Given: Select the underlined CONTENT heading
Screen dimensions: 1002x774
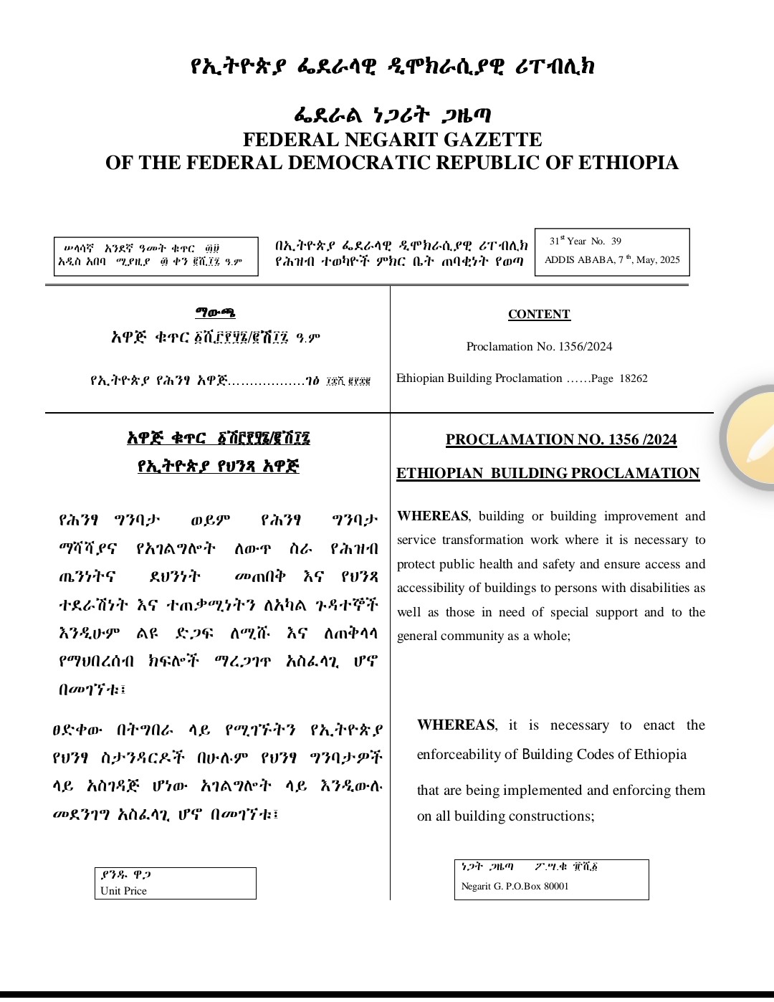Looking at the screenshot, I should (x=539, y=315).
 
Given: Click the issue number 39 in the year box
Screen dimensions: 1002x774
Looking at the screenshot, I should (x=616, y=242).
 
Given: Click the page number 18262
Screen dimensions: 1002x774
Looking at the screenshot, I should (x=634, y=378).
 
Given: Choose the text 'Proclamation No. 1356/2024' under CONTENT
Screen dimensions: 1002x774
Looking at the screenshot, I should (x=539, y=347).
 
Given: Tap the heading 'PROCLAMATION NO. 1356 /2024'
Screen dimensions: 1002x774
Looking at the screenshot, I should (x=561, y=439).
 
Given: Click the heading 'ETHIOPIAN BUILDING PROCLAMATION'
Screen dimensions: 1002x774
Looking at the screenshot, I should (x=548, y=474).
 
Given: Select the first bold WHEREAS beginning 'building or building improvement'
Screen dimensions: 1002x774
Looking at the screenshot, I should (x=433, y=516).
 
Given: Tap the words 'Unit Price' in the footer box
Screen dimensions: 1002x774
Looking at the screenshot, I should (x=123, y=891).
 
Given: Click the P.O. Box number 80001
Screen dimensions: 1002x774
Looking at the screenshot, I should (x=556, y=887).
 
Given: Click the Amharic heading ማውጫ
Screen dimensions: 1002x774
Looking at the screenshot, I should (x=215, y=313).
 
